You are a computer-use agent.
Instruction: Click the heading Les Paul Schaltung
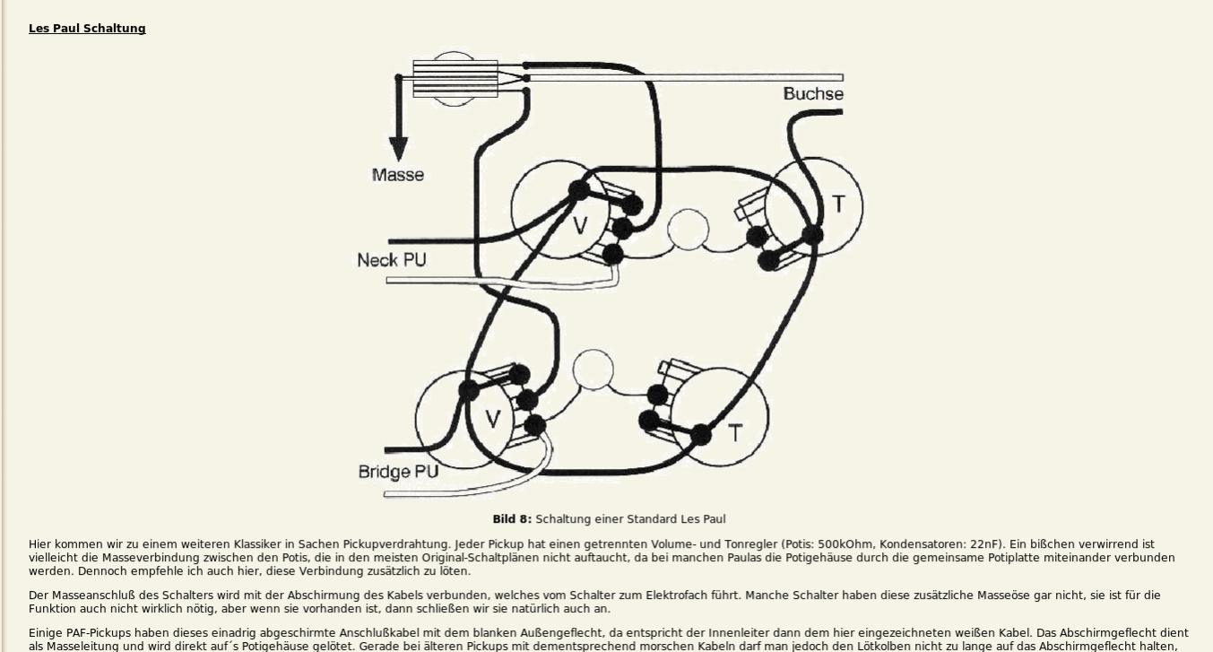point(87,29)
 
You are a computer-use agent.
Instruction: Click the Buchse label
point(812,94)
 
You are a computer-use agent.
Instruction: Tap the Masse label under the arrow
point(397,175)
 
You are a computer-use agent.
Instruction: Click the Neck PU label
point(391,260)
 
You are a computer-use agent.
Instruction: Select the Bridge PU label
point(398,472)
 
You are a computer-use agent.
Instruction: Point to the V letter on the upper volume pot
point(580,225)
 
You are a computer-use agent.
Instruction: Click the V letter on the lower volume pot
point(492,418)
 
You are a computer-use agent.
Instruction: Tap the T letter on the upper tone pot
point(838,204)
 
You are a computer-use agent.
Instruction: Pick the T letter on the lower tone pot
point(734,433)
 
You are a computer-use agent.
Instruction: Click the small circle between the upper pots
point(689,230)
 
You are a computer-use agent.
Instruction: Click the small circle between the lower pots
point(593,369)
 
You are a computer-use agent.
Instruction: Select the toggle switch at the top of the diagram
point(455,79)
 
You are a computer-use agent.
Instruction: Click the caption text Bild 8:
point(511,519)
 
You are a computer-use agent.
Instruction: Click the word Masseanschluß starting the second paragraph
point(98,595)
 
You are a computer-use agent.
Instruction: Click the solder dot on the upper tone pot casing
point(812,236)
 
